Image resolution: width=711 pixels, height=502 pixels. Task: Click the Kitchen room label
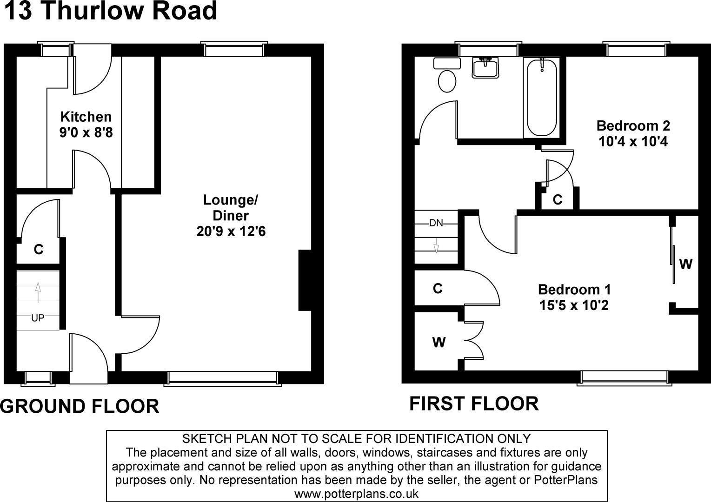[x=86, y=117]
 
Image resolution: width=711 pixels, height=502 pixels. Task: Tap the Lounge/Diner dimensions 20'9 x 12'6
[x=231, y=231]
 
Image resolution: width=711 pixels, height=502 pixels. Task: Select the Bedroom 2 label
[x=633, y=125]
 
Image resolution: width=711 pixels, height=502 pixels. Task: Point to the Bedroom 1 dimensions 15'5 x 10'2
[x=574, y=305]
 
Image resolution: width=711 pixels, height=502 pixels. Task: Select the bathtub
[x=541, y=98]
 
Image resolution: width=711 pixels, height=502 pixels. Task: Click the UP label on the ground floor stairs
[x=38, y=317]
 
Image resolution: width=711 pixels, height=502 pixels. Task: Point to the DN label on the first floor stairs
[x=436, y=223]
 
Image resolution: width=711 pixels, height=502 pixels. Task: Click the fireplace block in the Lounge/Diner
[x=305, y=280]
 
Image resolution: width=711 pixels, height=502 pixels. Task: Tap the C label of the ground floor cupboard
[x=39, y=250]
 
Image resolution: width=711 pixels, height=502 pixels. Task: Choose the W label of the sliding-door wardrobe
[x=685, y=264]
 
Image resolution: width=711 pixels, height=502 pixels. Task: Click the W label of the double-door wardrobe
[x=439, y=343]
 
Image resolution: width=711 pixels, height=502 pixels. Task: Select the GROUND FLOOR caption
[x=80, y=406]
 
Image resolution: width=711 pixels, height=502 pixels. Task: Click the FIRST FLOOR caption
[x=474, y=403]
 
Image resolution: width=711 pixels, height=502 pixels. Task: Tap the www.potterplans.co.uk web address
[x=357, y=494]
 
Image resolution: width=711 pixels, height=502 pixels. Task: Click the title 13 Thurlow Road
[x=111, y=11]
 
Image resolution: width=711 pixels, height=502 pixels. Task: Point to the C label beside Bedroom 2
[x=558, y=199]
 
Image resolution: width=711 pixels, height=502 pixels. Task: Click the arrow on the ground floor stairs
[x=38, y=292]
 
